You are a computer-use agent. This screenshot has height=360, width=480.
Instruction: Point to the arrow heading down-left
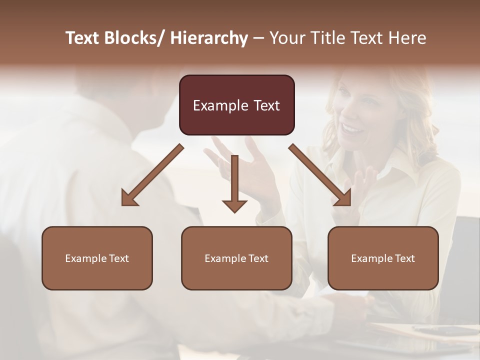pyautogui.click(x=152, y=175)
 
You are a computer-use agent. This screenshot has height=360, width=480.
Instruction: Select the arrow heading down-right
pyautogui.click(x=320, y=175)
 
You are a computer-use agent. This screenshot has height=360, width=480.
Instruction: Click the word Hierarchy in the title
pyautogui.click(x=209, y=38)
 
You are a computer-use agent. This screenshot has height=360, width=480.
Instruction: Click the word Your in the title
pyautogui.click(x=285, y=38)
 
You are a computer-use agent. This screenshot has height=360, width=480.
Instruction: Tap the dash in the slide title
pyautogui.click(x=258, y=38)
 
